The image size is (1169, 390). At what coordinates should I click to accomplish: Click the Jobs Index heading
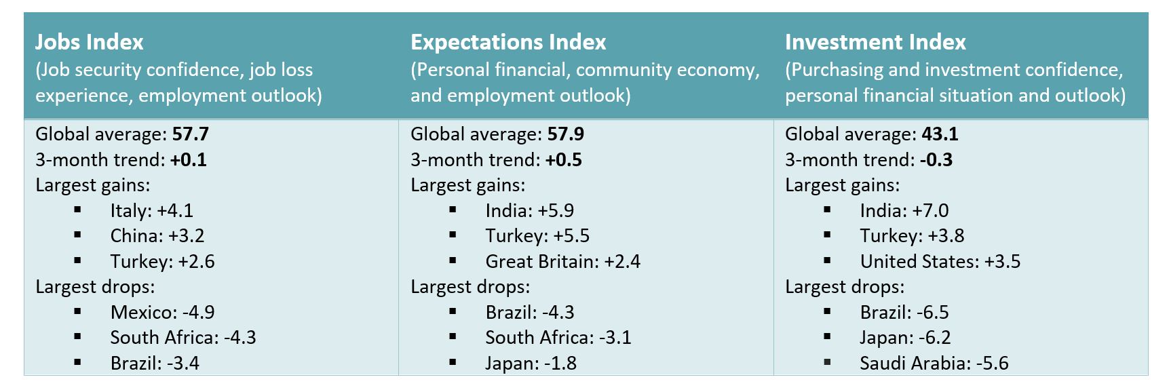click(90, 42)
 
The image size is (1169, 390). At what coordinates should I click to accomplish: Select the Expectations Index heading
click(508, 42)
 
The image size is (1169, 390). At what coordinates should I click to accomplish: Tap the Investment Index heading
click(875, 42)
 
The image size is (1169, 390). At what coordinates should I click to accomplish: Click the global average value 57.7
click(191, 134)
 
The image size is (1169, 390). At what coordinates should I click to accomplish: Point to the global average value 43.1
click(940, 134)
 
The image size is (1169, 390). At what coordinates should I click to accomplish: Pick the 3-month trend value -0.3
click(936, 160)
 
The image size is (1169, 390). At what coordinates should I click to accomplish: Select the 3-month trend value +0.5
click(564, 160)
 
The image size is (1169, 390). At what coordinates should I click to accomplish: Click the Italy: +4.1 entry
click(152, 211)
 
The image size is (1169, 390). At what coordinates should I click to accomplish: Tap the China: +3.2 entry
click(157, 236)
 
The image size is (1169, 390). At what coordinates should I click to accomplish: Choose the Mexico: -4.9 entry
click(163, 313)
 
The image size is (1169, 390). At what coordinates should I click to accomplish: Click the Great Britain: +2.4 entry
click(563, 262)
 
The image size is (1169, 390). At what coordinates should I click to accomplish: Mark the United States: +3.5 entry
click(940, 262)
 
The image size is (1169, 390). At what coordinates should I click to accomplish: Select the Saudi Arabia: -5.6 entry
click(934, 364)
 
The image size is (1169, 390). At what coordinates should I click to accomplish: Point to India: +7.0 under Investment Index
click(904, 211)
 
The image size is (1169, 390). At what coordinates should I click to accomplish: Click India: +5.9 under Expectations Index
click(530, 211)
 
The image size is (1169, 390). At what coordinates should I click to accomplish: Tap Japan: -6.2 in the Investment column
click(906, 338)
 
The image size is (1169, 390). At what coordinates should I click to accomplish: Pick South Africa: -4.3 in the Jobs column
click(183, 338)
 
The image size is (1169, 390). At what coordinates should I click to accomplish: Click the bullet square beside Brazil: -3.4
click(77, 363)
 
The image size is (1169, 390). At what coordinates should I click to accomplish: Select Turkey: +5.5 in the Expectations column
click(537, 236)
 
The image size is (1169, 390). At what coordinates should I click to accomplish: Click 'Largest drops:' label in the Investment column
click(845, 287)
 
